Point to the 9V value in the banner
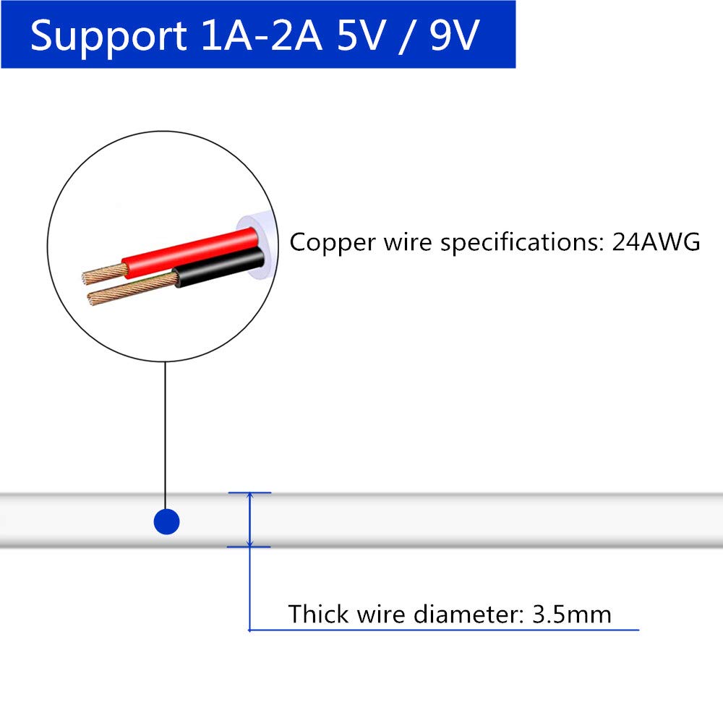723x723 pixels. click(455, 35)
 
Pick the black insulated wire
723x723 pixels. click(217, 273)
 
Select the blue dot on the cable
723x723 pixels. click(166, 521)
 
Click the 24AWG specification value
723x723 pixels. click(656, 242)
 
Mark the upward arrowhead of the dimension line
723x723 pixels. click(249, 497)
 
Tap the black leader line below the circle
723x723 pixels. click(166, 434)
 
